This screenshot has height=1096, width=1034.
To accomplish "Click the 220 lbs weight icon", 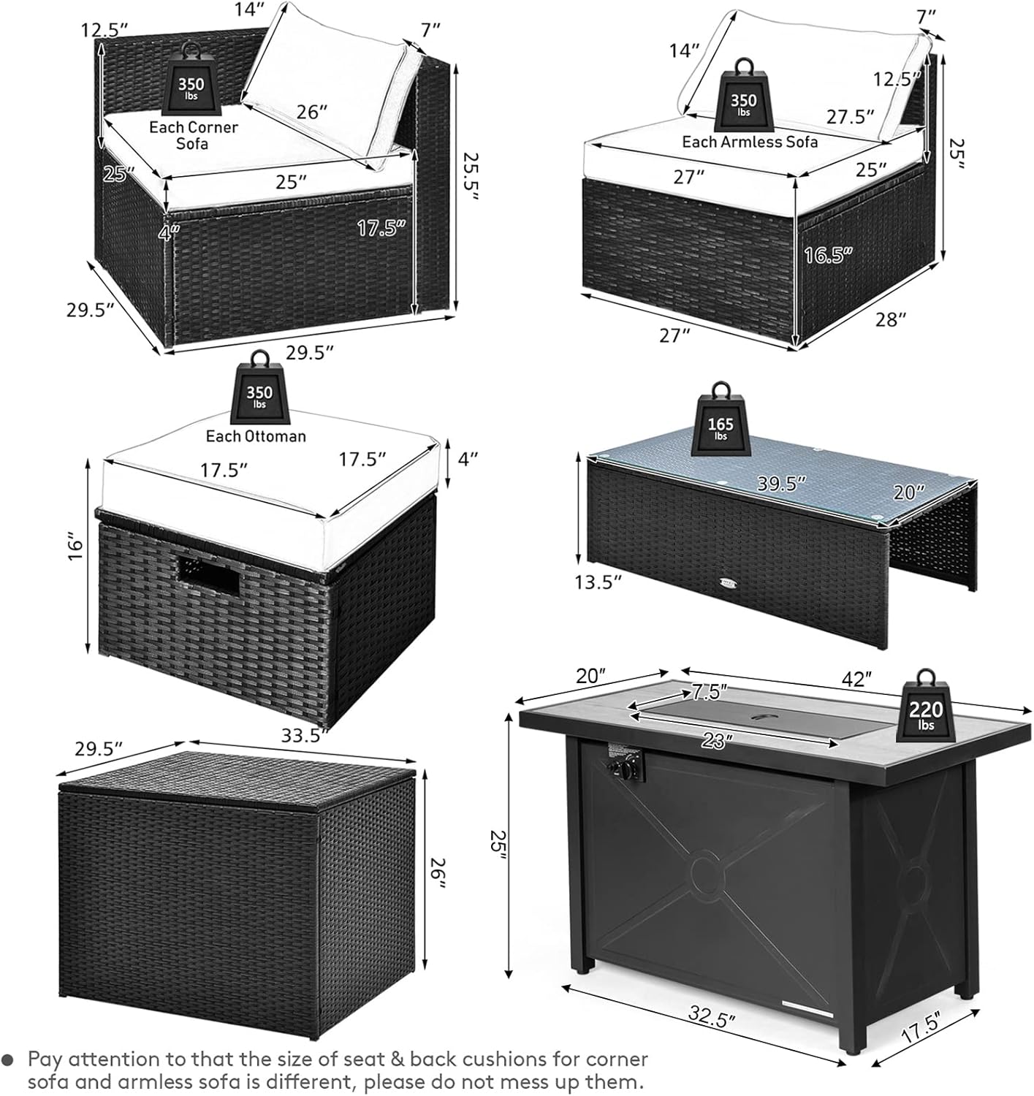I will tap(926, 706).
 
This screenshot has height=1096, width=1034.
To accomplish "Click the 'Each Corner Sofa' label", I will tap(193, 135).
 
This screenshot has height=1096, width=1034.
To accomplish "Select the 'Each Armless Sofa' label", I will tap(750, 141).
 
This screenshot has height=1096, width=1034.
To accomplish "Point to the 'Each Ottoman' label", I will tap(256, 436).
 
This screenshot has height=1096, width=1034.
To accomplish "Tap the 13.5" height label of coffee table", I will tap(597, 582).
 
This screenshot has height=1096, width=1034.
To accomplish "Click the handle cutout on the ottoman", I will tap(209, 572).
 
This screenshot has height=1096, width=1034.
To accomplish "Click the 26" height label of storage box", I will tap(437, 872).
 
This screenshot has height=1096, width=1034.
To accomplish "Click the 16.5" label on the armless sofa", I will tap(829, 255).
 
